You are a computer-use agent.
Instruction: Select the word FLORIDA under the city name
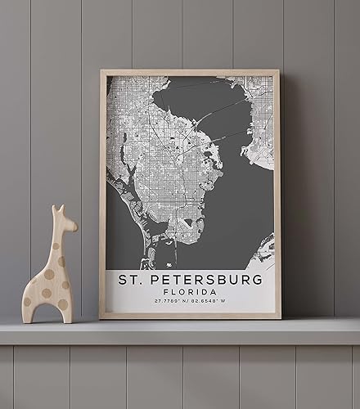190,292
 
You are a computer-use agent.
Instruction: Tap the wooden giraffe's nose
74,224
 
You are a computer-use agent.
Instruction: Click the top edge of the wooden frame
190,73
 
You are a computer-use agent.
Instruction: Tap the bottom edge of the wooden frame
190,316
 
